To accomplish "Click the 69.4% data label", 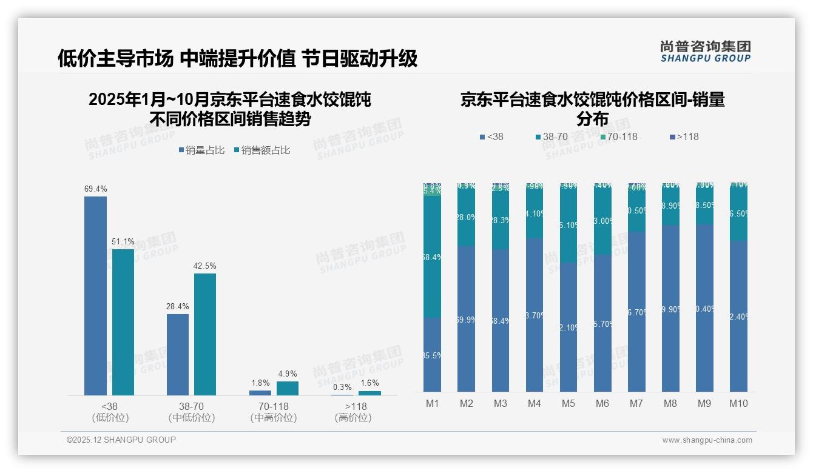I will pos(95,189).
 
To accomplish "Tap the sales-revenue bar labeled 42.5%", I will pos(205,334).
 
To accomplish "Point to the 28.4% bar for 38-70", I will pos(178,354).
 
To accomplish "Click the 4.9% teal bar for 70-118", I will pos(288,388).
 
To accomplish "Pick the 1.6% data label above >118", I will pos(369,383).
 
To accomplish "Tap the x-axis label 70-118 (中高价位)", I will pos(273,412).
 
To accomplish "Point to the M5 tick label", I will pos(568,403).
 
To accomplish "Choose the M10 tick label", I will pos(738,403).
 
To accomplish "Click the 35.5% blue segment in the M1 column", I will pos(432,355).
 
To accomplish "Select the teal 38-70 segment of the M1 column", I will pos(432,257).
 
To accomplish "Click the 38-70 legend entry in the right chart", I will pos(551,137).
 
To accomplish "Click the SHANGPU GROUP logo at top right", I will pos(705,52).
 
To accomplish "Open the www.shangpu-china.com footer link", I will pos(707,440).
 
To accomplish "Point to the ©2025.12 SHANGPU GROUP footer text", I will pos(121,440).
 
